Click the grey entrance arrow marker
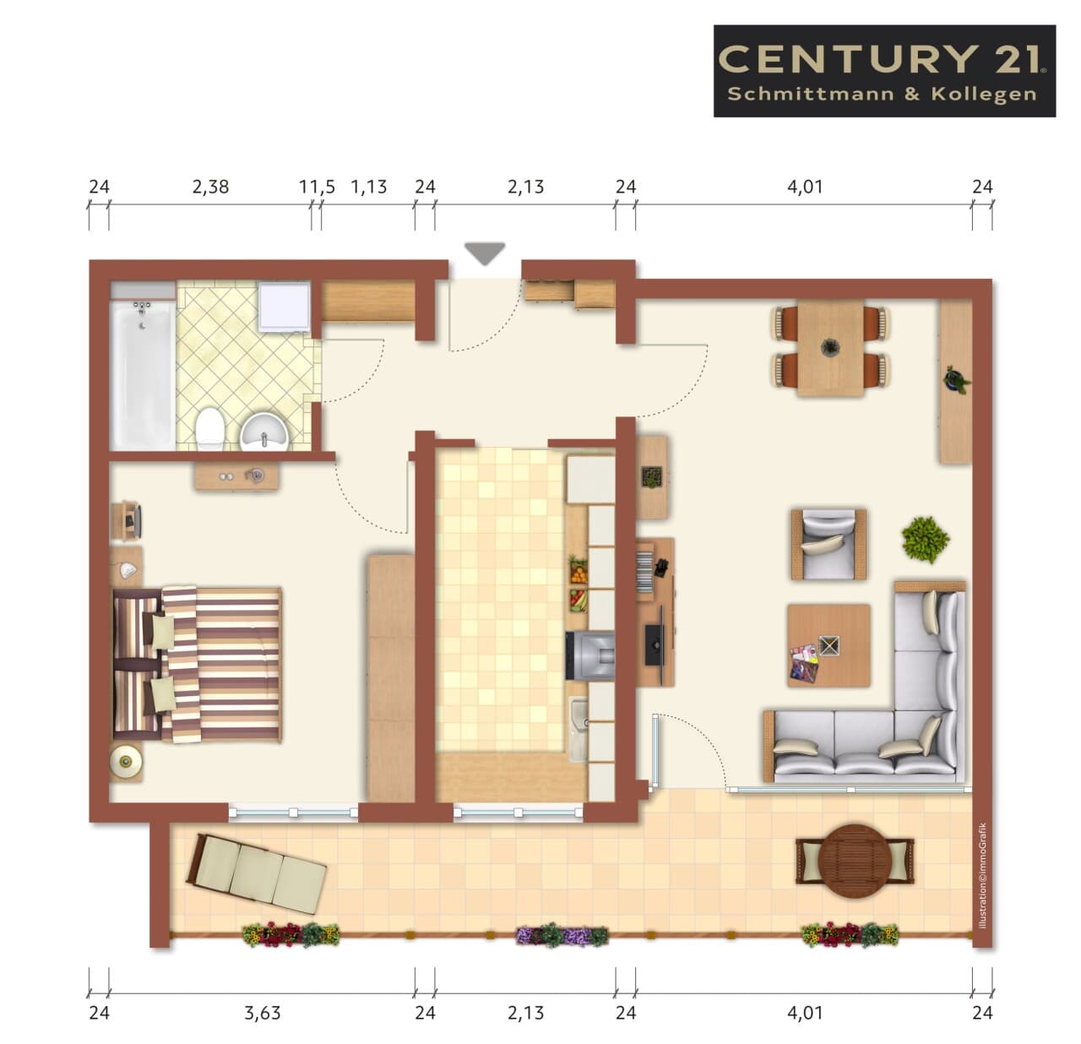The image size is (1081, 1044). (485, 253)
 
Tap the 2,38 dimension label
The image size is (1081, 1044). (210, 187)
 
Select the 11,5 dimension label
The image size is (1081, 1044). (318, 187)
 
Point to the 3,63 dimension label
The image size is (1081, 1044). (262, 1013)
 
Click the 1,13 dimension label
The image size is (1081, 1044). (368, 187)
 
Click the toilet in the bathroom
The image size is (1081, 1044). (210, 429)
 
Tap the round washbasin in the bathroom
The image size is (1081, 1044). (264, 432)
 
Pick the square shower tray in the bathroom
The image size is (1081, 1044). (284, 307)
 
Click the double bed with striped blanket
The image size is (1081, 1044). (198, 664)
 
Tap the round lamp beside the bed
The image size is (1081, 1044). (126, 761)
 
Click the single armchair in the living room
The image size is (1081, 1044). (828, 545)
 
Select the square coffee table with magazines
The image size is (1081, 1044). (828, 645)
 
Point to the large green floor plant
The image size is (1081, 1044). (925, 539)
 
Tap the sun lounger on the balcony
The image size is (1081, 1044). (257, 873)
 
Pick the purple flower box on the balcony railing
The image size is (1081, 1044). (562, 935)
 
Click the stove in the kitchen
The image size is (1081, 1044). (590, 655)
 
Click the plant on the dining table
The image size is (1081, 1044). (830, 348)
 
